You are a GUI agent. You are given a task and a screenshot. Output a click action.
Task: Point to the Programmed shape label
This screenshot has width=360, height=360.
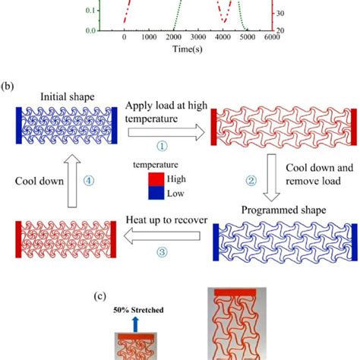(x=285, y=210)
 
